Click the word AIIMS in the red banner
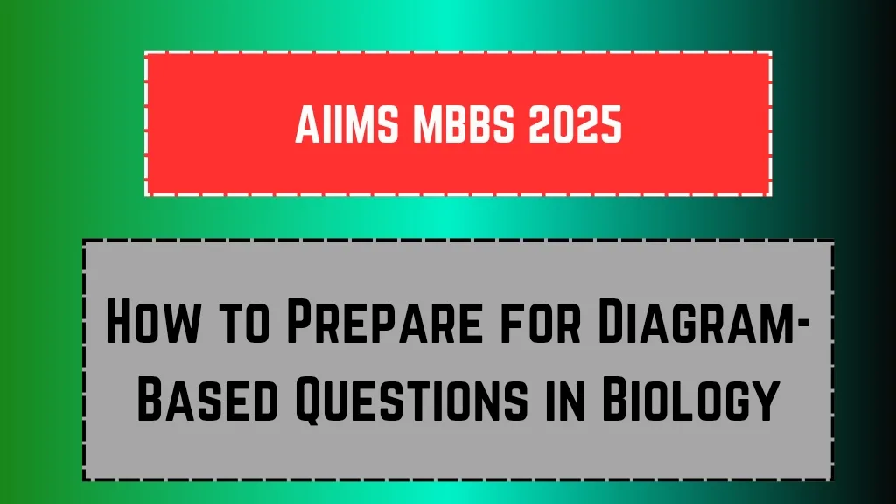coord(346,124)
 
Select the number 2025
coord(576,124)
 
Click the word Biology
coord(691,398)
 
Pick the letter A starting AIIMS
coord(307,124)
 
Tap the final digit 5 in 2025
coord(612,124)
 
